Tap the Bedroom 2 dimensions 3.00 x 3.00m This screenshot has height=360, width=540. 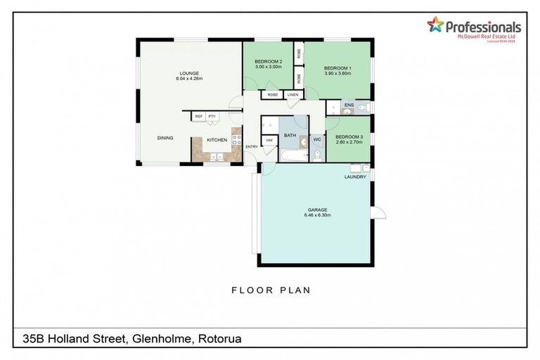pos(268,67)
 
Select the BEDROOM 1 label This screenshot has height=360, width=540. pos(337,67)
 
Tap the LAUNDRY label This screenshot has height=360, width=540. pos(355,177)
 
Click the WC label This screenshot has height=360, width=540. pos(316,140)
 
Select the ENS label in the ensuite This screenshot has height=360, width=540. pos(348,105)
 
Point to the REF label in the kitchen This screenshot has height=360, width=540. pos(199,116)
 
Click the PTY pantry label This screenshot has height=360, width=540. pos(212,116)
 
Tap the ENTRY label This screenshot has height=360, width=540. pos(252,146)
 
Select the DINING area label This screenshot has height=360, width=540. pos(166,138)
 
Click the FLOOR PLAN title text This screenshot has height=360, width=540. pos(271,290)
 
